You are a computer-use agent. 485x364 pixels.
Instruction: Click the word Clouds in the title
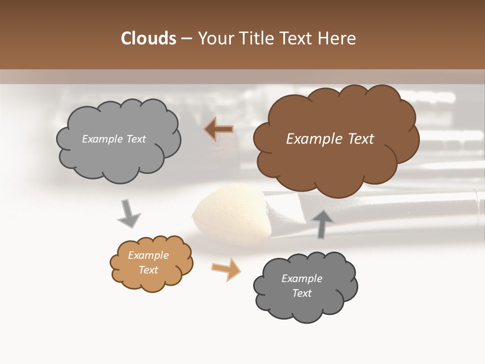[x=149, y=38]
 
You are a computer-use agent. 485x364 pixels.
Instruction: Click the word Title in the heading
[x=254, y=38]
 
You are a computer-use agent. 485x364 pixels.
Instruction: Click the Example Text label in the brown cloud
[x=330, y=139]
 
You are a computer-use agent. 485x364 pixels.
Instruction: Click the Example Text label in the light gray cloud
[x=114, y=139]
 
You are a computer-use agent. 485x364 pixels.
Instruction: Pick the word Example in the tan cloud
[x=148, y=255]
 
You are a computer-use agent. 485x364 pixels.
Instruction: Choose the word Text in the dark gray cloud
[x=302, y=293]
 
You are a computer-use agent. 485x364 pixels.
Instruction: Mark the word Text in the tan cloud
[x=148, y=270]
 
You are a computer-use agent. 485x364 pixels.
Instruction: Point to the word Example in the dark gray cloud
[x=302, y=279]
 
